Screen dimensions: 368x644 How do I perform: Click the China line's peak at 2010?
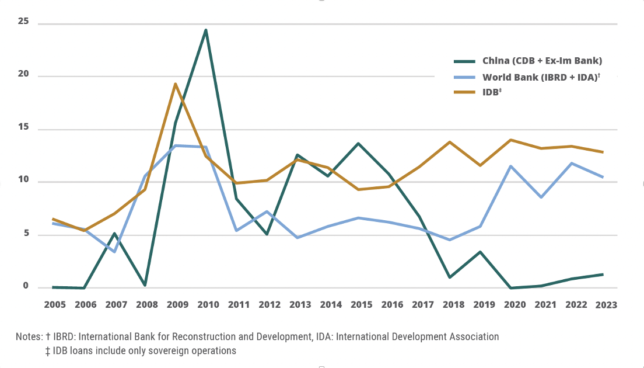pyautogui.click(x=206, y=30)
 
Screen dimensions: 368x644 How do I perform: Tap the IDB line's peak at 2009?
pyautogui.click(x=175, y=84)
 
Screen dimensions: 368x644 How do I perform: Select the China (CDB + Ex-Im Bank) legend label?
pyautogui.click(x=542, y=61)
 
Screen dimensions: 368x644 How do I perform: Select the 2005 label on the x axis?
pyautogui.click(x=55, y=304)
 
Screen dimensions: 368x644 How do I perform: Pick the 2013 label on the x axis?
pyautogui.click(x=300, y=304)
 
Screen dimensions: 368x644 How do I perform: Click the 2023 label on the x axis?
pyautogui.click(x=606, y=304)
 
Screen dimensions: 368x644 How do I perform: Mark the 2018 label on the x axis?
pyautogui.click(x=453, y=304)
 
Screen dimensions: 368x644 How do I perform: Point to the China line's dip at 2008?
pyautogui.click(x=145, y=285)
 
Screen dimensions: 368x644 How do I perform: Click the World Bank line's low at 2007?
pyautogui.click(x=114, y=252)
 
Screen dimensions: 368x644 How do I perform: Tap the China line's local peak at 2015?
pyautogui.click(x=359, y=143)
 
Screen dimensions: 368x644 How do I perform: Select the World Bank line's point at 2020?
pyautogui.click(x=512, y=166)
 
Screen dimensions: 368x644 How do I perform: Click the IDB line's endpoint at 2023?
pyautogui.click(x=603, y=152)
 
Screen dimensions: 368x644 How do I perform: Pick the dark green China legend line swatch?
pyautogui.click(x=465, y=61)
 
